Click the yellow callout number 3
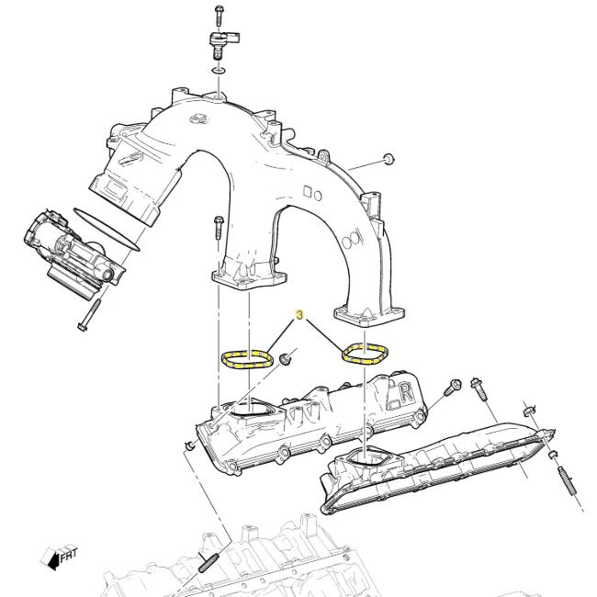point(298,314)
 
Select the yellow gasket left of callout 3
point(248,356)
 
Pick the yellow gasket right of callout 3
point(365,353)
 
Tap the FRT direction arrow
point(56,556)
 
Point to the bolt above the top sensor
point(220,14)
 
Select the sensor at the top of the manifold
point(220,42)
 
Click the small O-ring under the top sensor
point(218,70)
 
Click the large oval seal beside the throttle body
point(106,229)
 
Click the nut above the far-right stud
point(532,411)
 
